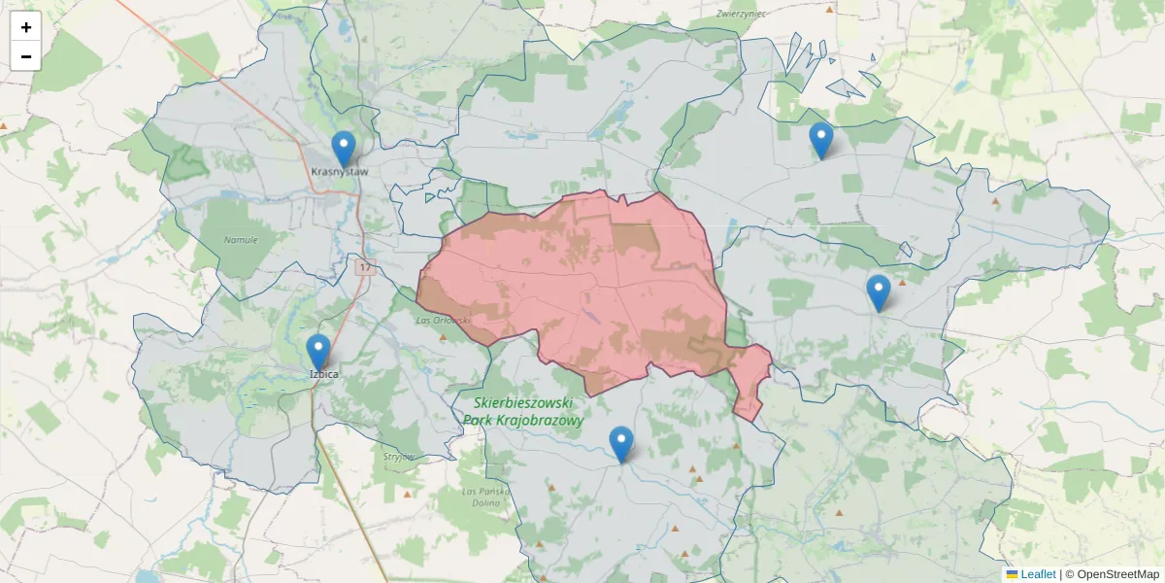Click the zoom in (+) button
(x=26, y=26)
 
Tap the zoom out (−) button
(x=26, y=56)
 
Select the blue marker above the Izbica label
(x=318, y=353)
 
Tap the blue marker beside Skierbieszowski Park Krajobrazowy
(x=621, y=444)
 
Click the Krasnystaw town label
(x=340, y=172)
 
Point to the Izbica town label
(x=324, y=373)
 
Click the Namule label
(x=241, y=239)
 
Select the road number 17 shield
(x=365, y=266)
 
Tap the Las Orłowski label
(x=443, y=320)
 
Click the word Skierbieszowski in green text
(x=524, y=402)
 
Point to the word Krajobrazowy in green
(x=537, y=421)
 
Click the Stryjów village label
(x=399, y=456)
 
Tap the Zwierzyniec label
(x=743, y=14)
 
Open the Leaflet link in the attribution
(x=1038, y=574)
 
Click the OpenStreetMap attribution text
(x=1117, y=574)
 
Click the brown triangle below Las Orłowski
(x=444, y=338)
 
